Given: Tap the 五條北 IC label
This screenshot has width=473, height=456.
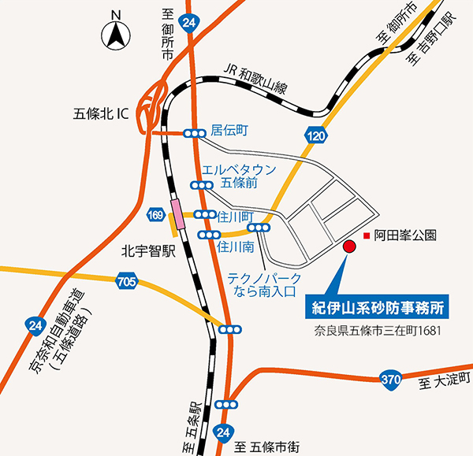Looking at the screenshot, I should click(x=100, y=113).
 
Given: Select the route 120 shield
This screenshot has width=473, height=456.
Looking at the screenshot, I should click(x=316, y=136).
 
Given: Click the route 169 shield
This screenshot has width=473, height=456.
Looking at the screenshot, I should click(x=155, y=213).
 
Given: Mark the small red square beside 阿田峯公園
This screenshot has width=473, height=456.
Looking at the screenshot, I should click(x=365, y=235).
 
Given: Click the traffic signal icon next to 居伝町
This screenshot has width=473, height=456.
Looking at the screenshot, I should click(x=193, y=135).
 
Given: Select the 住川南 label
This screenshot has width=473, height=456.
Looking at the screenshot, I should click(x=235, y=247).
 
